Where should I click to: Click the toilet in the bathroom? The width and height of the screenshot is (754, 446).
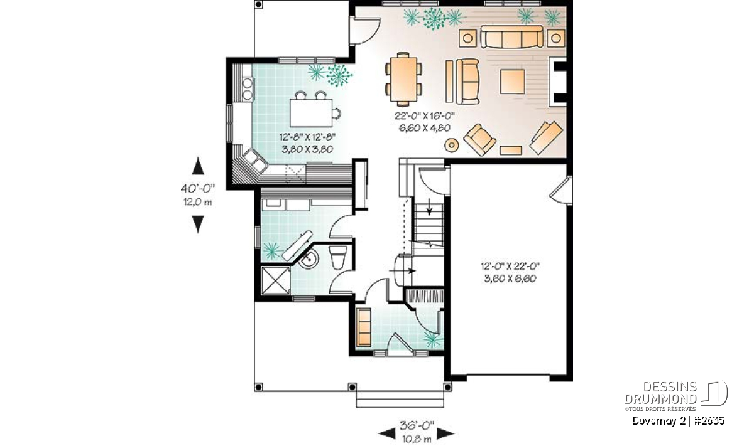pos(337,257)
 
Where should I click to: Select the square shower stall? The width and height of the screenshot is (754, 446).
pos(276,280)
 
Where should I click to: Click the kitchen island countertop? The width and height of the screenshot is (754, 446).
pos(311,114)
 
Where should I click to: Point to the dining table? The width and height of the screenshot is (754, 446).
pos(403,79)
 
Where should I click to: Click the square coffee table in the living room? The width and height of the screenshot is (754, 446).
pos(512,82)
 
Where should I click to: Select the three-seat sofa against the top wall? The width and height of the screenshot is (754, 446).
pos(511,36)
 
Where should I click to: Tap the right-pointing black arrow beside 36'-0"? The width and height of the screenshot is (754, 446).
pos(445,433)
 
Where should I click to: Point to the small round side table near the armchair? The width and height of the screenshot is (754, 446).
pos(451,145)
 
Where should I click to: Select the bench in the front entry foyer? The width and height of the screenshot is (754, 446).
pos(364,327)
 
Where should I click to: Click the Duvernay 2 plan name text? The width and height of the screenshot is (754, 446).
pos(658,421)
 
